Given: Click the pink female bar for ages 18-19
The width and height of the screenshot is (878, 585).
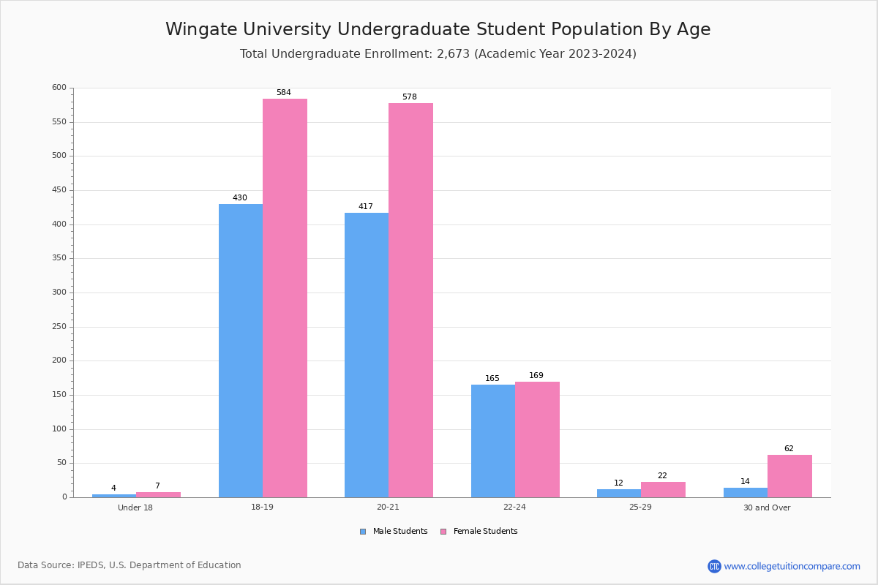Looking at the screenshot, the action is click(x=285, y=298).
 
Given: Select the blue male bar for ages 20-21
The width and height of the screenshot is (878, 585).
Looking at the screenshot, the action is click(x=367, y=355).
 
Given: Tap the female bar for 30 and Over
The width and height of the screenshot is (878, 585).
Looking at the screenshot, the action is click(x=789, y=476).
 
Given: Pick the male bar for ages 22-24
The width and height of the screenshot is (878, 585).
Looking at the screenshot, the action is click(x=493, y=441).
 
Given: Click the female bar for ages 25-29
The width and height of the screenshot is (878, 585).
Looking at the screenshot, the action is click(x=663, y=489).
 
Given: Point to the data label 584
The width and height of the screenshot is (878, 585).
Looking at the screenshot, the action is click(x=284, y=92).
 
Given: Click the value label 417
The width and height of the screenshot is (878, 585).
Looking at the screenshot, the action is click(x=366, y=206).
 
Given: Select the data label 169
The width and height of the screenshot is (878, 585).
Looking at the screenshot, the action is click(x=536, y=375).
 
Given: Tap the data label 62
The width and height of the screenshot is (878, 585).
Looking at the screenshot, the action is click(x=789, y=448).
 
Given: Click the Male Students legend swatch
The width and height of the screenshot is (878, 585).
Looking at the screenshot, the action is click(x=363, y=532).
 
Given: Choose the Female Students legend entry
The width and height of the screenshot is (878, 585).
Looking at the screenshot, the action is click(x=479, y=532).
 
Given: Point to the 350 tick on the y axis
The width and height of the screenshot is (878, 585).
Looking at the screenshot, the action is click(x=59, y=258).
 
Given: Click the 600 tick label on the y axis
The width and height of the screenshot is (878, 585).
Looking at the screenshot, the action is click(x=59, y=87).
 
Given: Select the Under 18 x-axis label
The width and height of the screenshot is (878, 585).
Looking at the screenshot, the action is click(x=135, y=507).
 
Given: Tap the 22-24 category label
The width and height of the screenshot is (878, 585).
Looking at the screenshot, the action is click(x=514, y=507).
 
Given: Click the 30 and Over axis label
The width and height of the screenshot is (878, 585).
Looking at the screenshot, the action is click(x=767, y=507).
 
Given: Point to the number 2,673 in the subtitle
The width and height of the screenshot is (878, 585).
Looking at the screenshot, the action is click(x=453, y=53).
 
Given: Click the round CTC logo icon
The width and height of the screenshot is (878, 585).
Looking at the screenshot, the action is click(x=714, y=566).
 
